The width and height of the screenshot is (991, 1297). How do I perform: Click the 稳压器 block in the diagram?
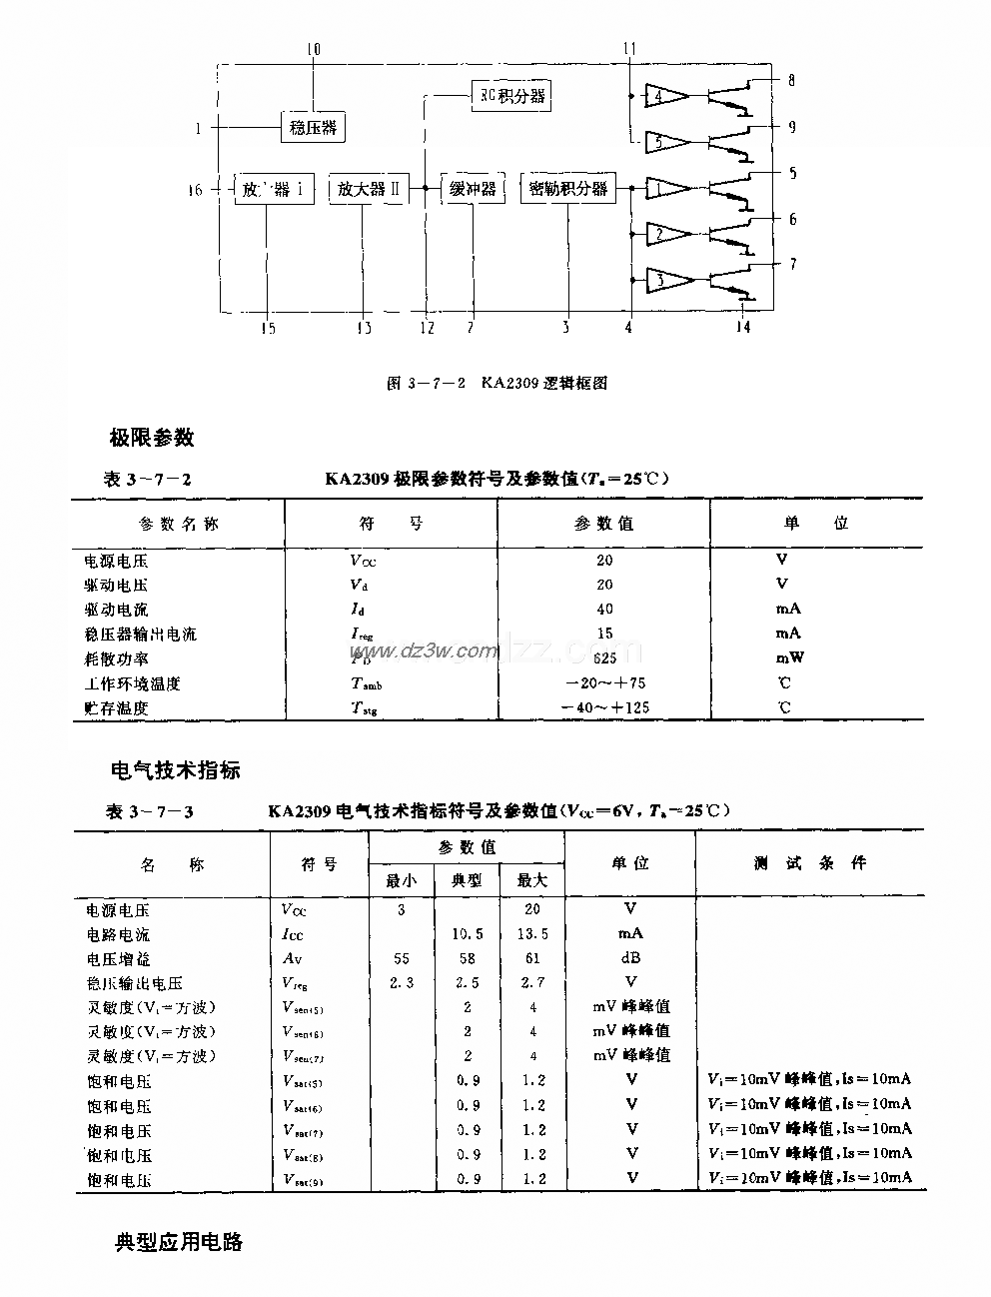pos(313,127)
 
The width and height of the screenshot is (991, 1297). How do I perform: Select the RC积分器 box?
pos(509,96)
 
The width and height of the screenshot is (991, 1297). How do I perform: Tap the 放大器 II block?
pos(369,188)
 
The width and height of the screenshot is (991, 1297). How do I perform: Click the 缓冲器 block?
pos(472,188)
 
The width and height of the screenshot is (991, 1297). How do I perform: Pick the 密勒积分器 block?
pos(567,188)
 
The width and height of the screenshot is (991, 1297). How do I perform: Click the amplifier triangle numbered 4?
pos(666,96)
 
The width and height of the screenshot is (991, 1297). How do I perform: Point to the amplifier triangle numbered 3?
pos(666,281)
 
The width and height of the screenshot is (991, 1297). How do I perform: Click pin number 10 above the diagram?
pos(314,48)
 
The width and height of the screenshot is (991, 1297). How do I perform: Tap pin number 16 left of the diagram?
pos(195,189)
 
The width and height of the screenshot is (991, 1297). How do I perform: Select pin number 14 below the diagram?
pos(742,328)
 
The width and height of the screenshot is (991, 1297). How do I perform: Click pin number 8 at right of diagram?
pos(791,81)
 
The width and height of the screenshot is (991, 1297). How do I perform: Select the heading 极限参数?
pos(151,438)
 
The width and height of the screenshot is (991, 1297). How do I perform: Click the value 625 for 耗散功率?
pos(603,657)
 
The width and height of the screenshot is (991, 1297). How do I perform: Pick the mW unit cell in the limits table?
pos(788,657)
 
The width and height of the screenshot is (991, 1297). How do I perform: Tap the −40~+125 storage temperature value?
pos(603,707)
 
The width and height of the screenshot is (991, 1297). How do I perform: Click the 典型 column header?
pos(467,880)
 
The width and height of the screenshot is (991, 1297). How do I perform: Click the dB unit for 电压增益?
pos(630,958)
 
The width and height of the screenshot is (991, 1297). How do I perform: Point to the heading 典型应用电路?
pos(179,1243)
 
